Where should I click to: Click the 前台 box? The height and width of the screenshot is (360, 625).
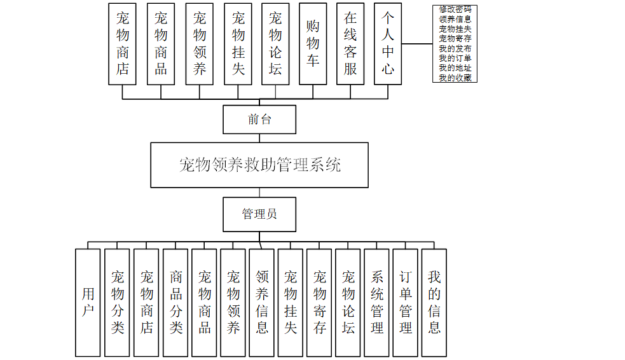259,119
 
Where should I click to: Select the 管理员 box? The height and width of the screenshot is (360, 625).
259,214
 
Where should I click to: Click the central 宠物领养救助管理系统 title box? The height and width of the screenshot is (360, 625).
259,165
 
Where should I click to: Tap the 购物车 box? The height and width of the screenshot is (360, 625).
313,44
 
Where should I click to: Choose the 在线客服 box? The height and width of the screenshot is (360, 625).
350,44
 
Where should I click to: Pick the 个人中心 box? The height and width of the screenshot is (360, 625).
388,44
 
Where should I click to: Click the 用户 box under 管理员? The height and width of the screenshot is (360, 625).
88,302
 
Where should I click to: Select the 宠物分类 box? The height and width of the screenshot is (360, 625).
118,302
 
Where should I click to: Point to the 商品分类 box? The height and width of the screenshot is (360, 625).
175,302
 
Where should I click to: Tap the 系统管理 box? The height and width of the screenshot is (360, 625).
377,302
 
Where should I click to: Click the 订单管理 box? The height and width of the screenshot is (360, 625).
406,302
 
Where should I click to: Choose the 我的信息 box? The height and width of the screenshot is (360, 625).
434,302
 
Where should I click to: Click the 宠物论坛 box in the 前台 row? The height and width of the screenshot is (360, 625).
275,44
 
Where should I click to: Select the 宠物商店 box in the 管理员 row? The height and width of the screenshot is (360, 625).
146,302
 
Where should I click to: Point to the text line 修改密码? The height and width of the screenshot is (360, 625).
455,10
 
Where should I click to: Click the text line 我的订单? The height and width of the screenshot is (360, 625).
455,59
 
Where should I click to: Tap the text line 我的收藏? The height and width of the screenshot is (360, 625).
455,78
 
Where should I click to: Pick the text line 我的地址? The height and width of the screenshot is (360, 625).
455,68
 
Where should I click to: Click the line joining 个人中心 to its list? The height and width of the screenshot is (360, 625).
418,44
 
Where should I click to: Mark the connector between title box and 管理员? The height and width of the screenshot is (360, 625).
259,192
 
